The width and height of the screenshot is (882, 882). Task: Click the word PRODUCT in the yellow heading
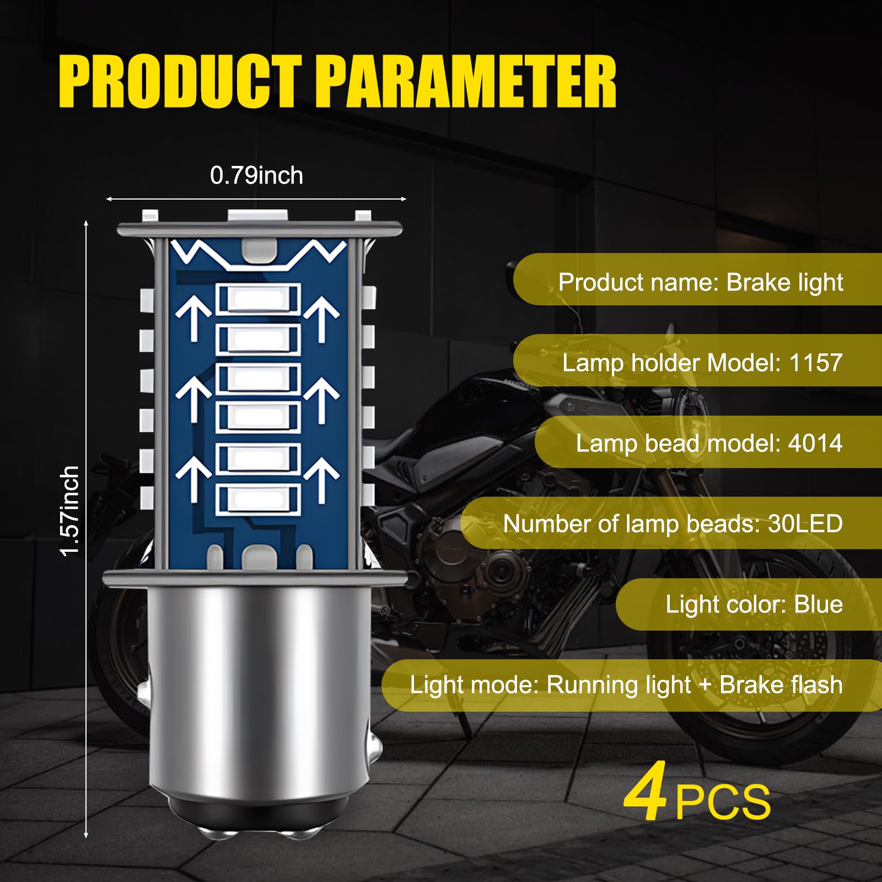(180, 82)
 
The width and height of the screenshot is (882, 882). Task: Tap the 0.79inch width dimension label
(256, 176)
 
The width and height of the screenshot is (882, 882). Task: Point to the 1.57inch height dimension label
(70, 510)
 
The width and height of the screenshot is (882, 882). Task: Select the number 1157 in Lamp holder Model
(815, 363)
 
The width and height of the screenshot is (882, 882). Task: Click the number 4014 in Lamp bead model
(815, 443)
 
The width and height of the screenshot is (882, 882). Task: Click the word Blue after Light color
(818, 604)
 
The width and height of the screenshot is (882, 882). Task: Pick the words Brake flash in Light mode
(781, 685)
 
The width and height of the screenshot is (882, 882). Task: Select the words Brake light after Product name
(784, 282)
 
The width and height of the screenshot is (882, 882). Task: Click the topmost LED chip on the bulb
(258, 299)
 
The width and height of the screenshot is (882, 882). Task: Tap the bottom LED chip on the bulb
(258, 499)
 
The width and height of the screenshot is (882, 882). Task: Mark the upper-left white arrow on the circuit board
(193, 319)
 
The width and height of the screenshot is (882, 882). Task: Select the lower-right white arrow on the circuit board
(321, 478)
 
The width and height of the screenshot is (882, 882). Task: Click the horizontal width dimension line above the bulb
(256, 199)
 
